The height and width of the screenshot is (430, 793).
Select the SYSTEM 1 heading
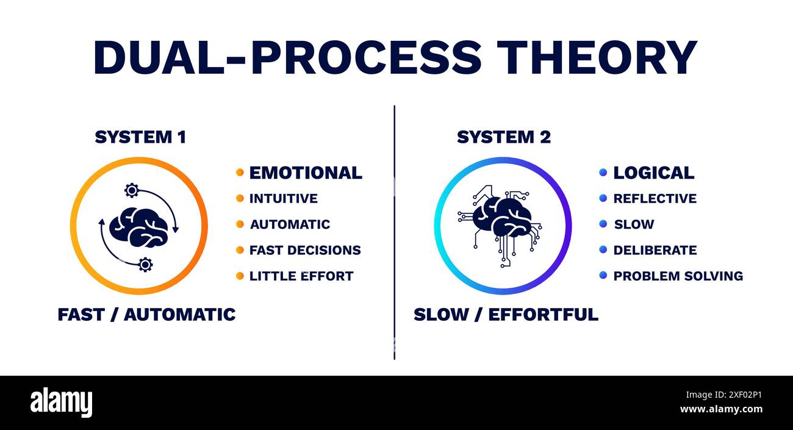[x=140, y=138]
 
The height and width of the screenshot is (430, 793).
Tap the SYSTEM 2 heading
[x=503, y=138]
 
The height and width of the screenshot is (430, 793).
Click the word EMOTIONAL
[x=306, y=173]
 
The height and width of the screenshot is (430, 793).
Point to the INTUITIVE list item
[x=283, y=199]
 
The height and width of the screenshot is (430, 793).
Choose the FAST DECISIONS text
[x=305, y=250]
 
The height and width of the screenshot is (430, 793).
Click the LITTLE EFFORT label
[x=301, y=276]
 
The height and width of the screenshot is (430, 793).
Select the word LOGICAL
[x=653, y=173]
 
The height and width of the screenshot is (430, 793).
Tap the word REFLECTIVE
[x=655, y=199]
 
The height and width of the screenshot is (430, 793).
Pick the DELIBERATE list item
[x=655, y=250]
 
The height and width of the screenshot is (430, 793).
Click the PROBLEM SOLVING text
[x=678, y=276]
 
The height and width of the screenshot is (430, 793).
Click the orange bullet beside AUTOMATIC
[x=240, y=224]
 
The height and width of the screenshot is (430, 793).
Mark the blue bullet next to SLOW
[x=603, y=224]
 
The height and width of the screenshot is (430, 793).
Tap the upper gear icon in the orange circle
[x=131, y=190]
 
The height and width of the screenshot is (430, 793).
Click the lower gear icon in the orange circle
[x=145, y=264]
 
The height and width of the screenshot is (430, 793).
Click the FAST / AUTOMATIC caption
[x=146, y=315]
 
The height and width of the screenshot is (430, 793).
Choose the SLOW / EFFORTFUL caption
[x=506, y=315]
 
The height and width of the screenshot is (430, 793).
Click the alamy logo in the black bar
[x=61, y=403]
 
